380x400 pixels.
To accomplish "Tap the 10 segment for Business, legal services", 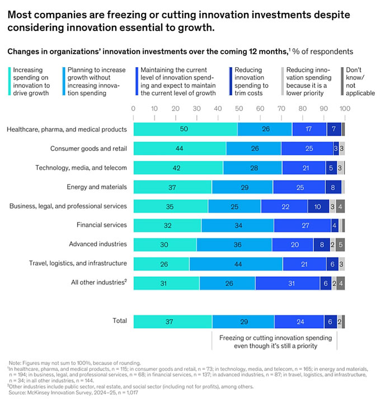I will point(318,206).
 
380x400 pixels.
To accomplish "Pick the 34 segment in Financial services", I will point(237,225).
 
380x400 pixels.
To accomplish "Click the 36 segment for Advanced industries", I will point(234,244).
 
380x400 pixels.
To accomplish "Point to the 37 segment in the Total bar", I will point(172,322).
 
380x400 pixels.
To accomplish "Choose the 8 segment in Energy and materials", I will point(333,187).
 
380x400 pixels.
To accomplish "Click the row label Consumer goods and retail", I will point(88,148).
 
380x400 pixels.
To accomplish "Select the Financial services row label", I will point(101,225).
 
